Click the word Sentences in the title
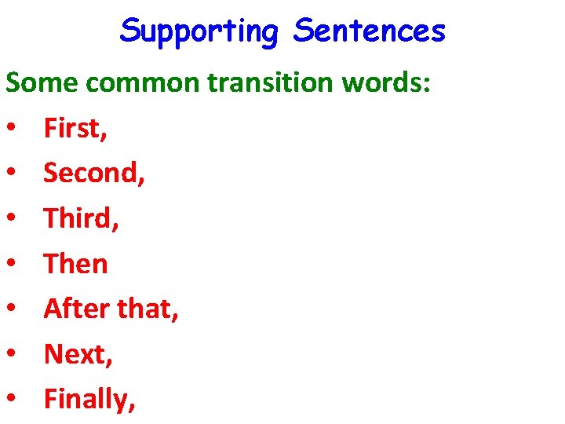click(x=369, y=32)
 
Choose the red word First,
click(x=75, y=127)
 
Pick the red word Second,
click(x=94, y=173)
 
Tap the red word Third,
click(x=82, y=218)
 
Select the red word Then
click(x=75, y=264)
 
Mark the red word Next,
click(x=78, y=354)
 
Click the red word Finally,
click(x=90, y=400)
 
